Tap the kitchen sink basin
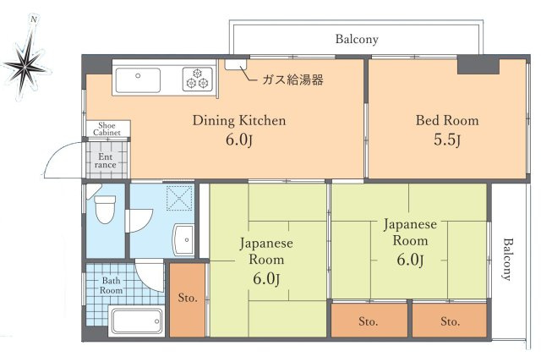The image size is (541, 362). [x=137, y=81]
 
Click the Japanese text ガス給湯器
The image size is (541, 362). [x=292, y=80]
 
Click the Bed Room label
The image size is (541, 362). [x=446, y=120]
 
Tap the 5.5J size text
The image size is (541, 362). [x=446, y=140]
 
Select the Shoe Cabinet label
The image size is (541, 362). [x=107, y=129]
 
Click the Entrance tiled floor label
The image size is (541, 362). [x=107, y=160]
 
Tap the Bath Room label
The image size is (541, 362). [x=112, y=285]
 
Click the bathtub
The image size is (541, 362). [x=136, y=321]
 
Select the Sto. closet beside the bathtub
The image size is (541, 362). [x=187, y=298]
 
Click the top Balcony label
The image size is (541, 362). [x=357, y=39]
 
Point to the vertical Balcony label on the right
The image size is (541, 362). [x=507, y=258]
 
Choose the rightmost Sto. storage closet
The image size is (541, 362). [x=449, y=321]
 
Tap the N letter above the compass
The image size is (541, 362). [x=33, y=19]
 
